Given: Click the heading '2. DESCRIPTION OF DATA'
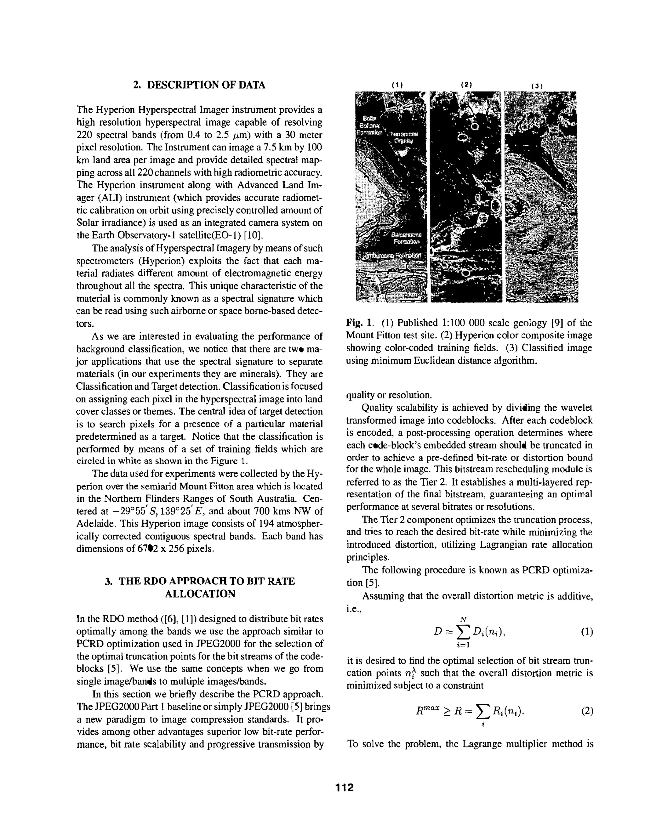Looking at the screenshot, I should coord(199,85).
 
